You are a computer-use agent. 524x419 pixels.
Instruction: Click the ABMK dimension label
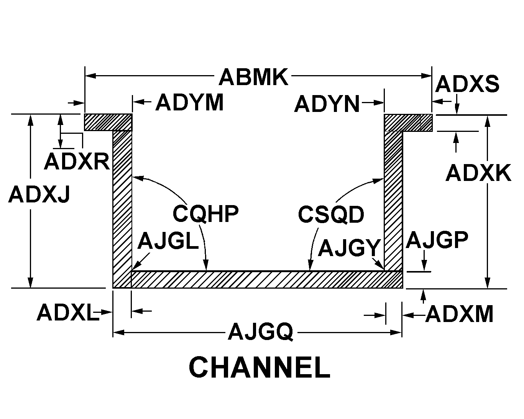point(253,77)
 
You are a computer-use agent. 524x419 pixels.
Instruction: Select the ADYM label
point(189,103)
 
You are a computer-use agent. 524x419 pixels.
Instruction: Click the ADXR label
point(77,161)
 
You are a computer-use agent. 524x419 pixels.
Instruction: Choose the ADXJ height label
point(39,194)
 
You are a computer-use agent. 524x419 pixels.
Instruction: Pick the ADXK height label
point(478,173)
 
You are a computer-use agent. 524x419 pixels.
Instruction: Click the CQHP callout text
point(205,214)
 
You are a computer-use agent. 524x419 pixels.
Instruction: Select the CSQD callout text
point(331,214)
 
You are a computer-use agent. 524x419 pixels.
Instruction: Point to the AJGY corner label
point(349,248)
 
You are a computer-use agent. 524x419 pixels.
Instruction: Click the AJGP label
point(437,240)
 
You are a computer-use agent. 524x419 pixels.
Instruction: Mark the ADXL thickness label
point(67,313)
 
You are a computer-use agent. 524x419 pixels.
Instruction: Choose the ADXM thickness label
point(459,315)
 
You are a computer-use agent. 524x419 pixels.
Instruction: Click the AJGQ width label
point(261,332)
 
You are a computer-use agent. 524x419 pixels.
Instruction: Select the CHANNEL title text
point(260,368)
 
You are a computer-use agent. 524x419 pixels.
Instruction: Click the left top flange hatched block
point(108,122)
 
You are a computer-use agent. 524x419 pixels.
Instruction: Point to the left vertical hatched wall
point(122,207)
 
